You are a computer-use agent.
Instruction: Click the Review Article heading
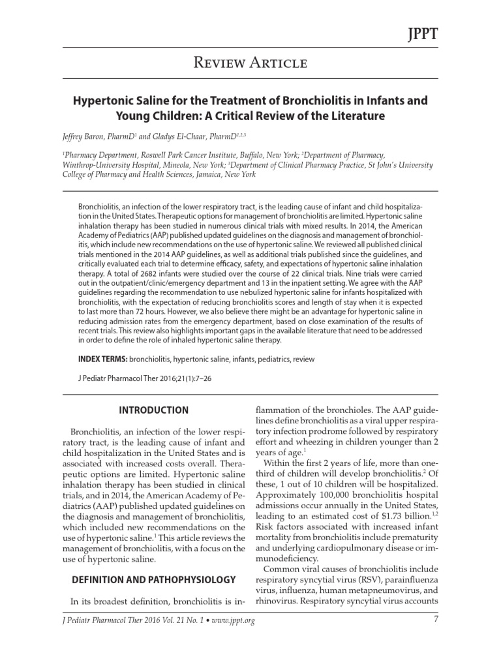pyautogui.click(x=250, y=63)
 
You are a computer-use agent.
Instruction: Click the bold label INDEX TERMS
pyautogui.click(x=102, y=359)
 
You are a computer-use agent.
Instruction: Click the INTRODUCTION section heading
pyautogui.click(x=153, y=410)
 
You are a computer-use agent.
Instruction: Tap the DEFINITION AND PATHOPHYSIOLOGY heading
pyautogui.click(x=153, y=579)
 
